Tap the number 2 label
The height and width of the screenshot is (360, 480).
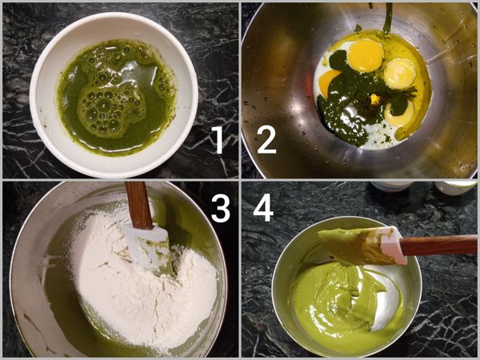click(266, 139)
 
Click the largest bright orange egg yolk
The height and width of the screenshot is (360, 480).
click(365, 55)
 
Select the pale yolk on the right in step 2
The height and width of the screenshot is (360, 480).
click(399, 73)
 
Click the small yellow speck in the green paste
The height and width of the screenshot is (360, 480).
click(374, 100)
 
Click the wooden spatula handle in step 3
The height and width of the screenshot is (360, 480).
click(138, 204)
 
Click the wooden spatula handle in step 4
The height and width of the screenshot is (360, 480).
click(440, 245)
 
